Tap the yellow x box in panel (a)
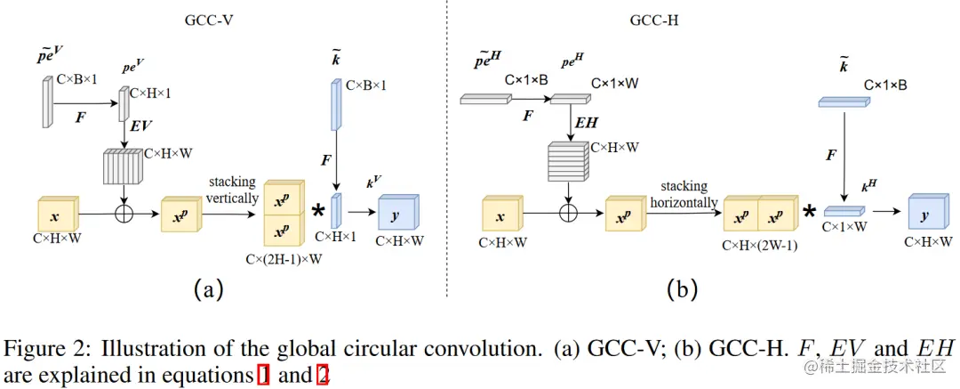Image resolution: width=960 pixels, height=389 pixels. click(x=57, y=216)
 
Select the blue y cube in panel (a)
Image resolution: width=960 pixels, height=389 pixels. click(x=397, y=214)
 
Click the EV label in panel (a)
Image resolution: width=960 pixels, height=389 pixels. click(x=140, y=127)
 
